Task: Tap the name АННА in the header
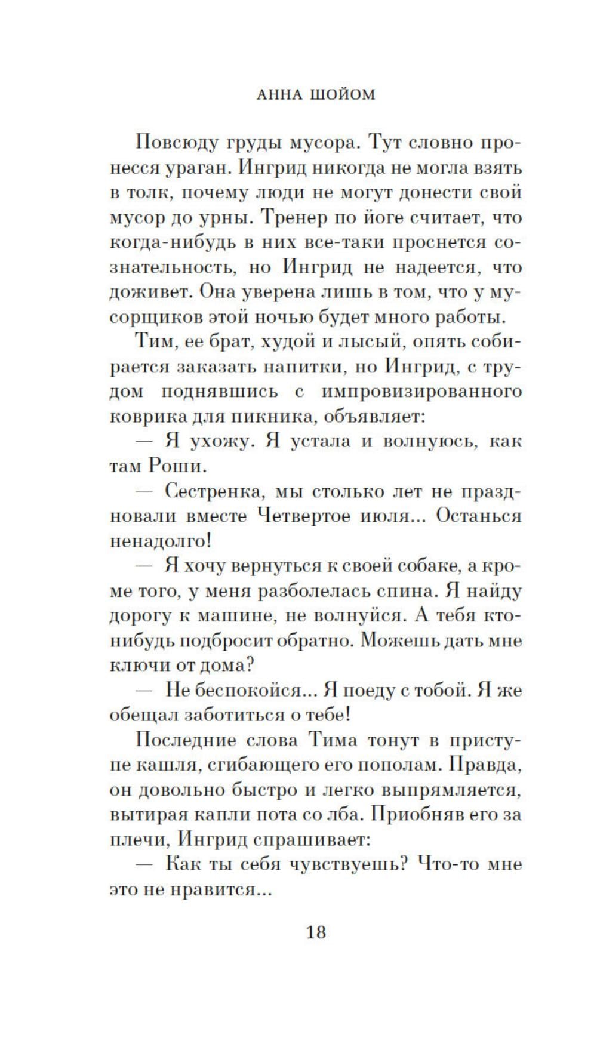click(278, 94)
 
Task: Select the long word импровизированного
click(421, 392)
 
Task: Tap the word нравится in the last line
click(214, 889)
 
